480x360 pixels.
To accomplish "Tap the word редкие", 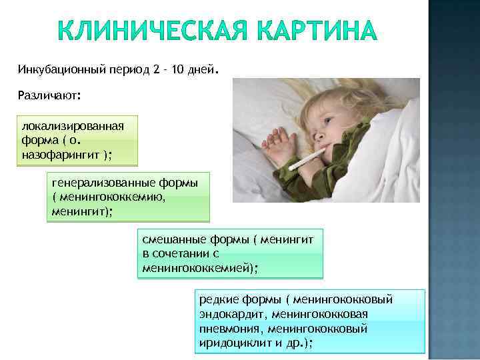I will pyautogui.click(x=217, y=299).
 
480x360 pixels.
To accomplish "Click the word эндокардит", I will pyautogui.click(x=232, y=314).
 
